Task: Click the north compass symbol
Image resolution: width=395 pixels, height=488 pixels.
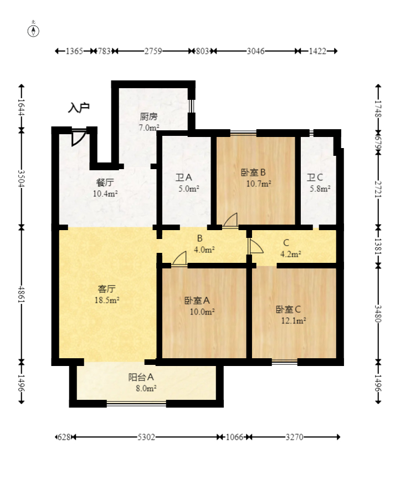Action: (34, 30)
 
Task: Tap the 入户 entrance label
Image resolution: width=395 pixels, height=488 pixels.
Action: (79, 108)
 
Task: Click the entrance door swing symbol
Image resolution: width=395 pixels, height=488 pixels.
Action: (78, 137)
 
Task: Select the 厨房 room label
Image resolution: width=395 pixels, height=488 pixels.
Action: (148, 117)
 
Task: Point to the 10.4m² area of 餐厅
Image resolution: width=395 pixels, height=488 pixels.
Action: (105, 194)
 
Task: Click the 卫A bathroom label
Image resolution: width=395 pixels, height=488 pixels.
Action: (183, 178)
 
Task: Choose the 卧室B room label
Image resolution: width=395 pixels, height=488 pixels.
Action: (254, 172)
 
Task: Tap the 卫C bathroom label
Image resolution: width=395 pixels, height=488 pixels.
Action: (315, 178)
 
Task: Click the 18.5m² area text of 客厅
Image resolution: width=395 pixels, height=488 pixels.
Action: (106, 299)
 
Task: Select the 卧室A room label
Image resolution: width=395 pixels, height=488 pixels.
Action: (197, 301)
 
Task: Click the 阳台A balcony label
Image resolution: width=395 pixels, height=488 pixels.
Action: (141, 377)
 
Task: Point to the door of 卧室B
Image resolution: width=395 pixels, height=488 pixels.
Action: (230, 221)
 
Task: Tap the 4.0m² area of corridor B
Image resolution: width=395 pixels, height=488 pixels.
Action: (203, 250)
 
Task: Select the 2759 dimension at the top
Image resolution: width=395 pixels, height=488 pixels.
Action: (153, 52)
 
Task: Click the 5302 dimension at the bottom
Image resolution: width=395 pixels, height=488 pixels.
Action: (146, 437)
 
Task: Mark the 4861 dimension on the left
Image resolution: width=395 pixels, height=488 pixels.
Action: (22, 293)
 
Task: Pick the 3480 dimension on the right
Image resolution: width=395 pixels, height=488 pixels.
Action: (378, 313)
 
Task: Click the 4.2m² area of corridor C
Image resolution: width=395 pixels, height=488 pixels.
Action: (290, 255)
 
